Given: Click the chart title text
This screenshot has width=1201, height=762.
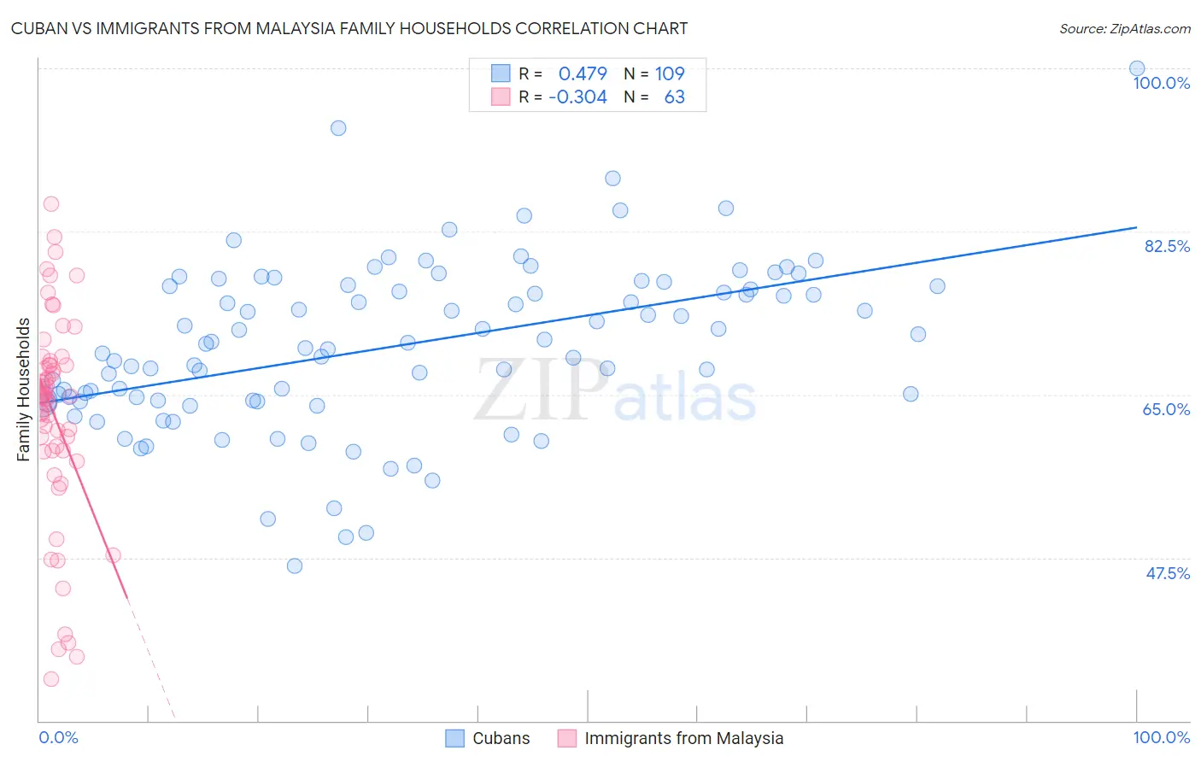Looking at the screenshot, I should [349, 28].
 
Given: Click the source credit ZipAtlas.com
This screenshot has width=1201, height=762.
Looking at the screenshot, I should [1124, 28].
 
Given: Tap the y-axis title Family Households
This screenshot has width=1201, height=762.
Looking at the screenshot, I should [24, 390].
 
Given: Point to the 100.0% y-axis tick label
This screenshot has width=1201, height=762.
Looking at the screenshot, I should [1161, 83].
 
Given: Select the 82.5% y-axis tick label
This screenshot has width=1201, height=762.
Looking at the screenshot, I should [1167, 246].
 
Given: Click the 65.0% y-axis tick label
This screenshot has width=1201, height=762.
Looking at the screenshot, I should [1166, 409].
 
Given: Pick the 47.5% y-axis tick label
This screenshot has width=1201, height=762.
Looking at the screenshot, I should [1168, 573].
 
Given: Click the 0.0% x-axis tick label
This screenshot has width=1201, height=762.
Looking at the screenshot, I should [58, 737].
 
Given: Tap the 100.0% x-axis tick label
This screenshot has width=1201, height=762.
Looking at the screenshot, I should [1161, 737].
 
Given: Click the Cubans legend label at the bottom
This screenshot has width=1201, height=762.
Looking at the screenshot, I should [501, 738].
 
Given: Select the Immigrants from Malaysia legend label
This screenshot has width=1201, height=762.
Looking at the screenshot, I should [683, 738].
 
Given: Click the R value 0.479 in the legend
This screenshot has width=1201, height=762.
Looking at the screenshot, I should [583, 73].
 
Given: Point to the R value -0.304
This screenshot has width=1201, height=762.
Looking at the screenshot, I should [577, 97].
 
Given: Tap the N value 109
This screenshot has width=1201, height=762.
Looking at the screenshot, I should [670, 73].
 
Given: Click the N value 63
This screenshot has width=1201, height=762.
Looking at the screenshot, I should [674, 97].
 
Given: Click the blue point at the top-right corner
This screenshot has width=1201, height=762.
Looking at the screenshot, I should [1137, 68].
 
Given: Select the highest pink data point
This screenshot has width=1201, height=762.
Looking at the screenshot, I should [51, 204].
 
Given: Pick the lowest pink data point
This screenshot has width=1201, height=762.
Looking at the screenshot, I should [51, 679].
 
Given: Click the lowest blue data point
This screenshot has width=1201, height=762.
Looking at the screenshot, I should [295, 566].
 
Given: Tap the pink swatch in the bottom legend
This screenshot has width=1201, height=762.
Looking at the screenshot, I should [567, 738].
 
